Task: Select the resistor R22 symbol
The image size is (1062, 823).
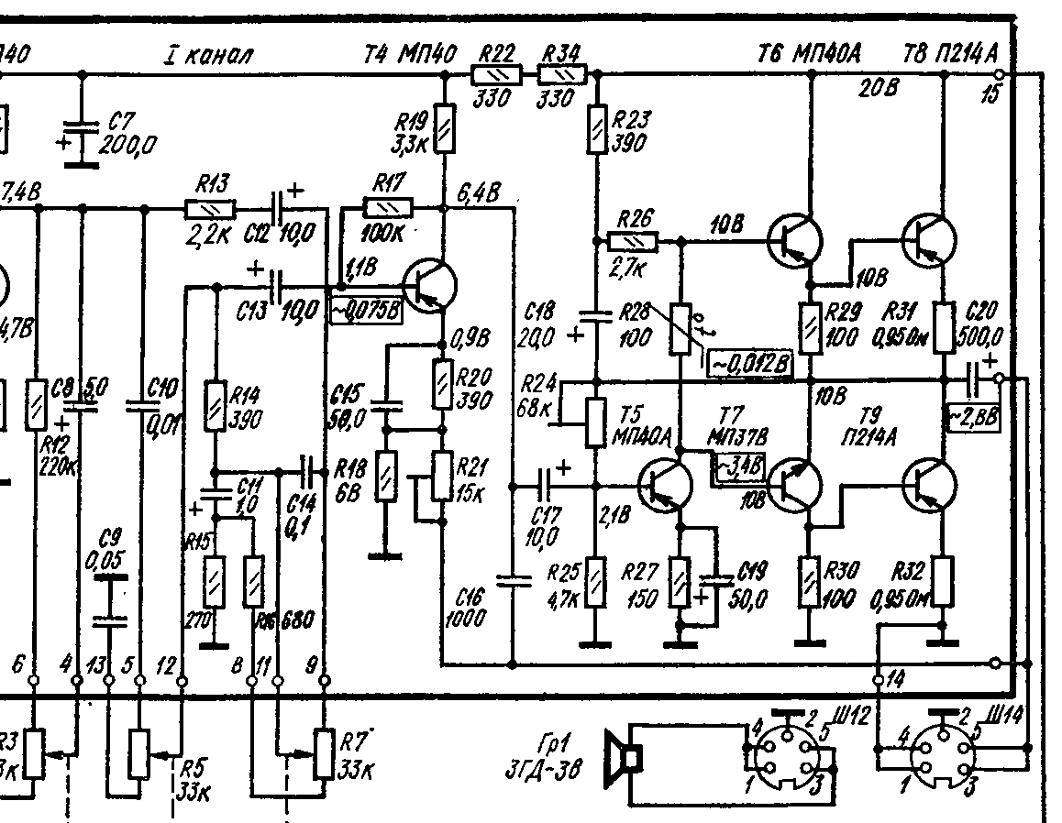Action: (x=496, y=74)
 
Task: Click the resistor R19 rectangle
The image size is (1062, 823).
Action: (x=444, y=128)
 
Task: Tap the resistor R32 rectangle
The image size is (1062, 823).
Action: (x=942, y=580)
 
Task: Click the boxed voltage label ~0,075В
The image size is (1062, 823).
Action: (x=366, y=311)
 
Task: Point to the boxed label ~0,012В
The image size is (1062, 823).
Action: (x=750, y=363)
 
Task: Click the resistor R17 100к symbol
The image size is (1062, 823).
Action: (x=389, y=207)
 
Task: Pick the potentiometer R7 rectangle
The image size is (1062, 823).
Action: (x=324, y=753)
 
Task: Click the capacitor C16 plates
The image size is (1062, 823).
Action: (x=513, y=579)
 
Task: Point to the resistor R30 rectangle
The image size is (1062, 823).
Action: (x=809, y=581)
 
